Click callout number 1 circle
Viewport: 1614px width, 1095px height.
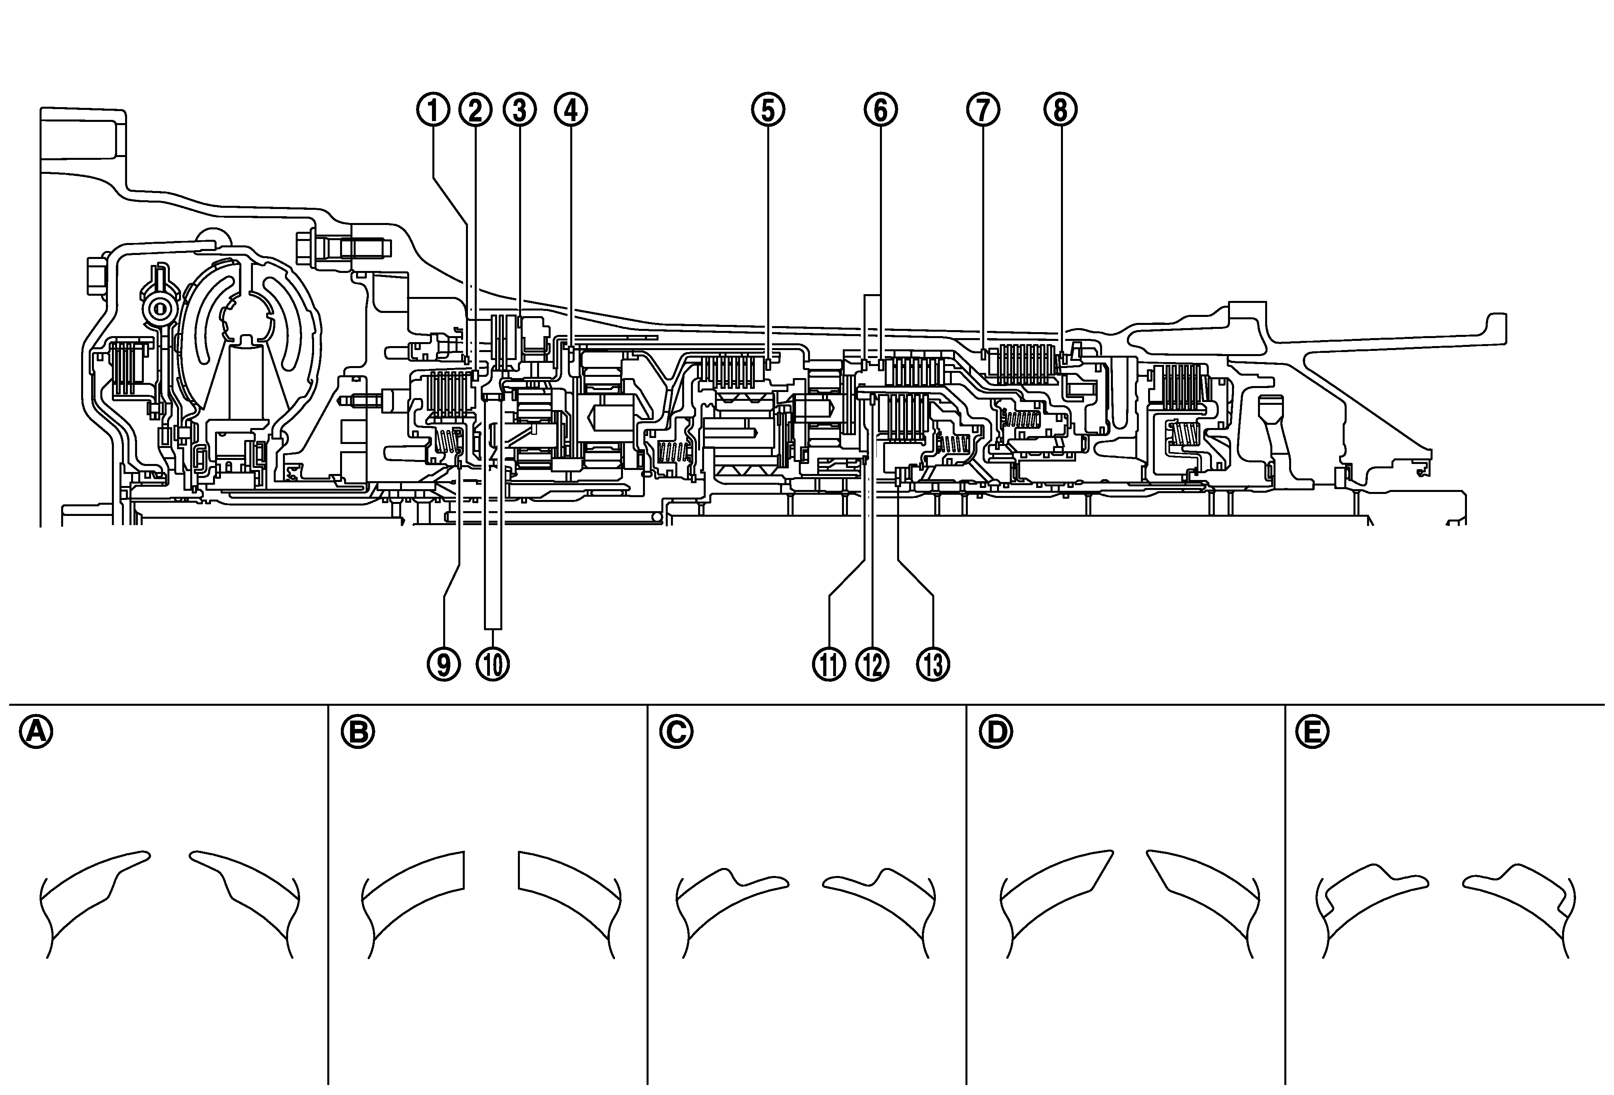pyautogui.click(x=433, y=110)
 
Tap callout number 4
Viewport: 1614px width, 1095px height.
pyautogui.click(x=571, y=110)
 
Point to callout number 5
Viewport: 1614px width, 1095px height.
pyautogui.click(x=767, y=110)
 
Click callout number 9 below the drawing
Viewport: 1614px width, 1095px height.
pyautogui.click(x=444, y=665)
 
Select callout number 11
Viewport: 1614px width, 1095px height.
pyautogui.click(x=828, y=665)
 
